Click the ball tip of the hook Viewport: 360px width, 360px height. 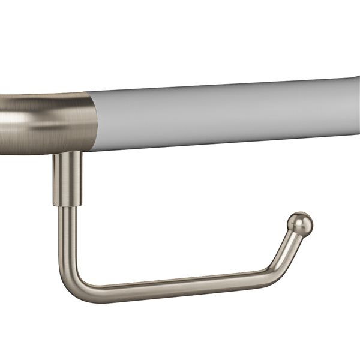click(x=301, y=223)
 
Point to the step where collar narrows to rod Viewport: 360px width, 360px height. click(x=67, y=206)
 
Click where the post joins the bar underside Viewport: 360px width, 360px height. click(x=67, y=153)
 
